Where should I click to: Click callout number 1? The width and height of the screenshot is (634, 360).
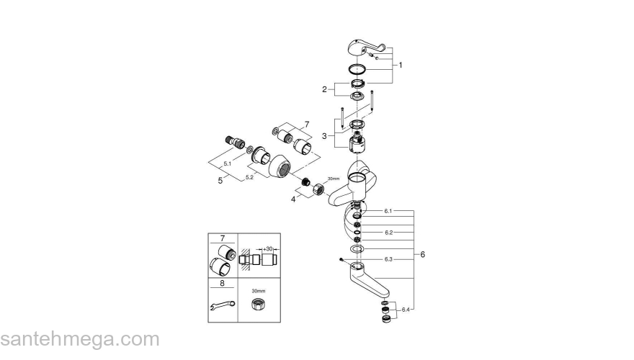pos(401,65)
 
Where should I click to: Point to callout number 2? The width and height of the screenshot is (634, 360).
pos(325,89)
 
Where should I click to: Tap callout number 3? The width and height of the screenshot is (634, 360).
pos(325,135)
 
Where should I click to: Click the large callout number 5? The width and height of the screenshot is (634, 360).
pos(220,181)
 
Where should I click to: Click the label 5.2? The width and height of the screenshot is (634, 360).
pos(249,176)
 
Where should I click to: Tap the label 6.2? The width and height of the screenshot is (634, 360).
pos(388,233)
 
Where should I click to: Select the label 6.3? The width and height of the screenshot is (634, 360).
pos(388,258)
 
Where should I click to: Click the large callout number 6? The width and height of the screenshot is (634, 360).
pos(423,254)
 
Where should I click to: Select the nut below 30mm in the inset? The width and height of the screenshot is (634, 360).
pos(257,306)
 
